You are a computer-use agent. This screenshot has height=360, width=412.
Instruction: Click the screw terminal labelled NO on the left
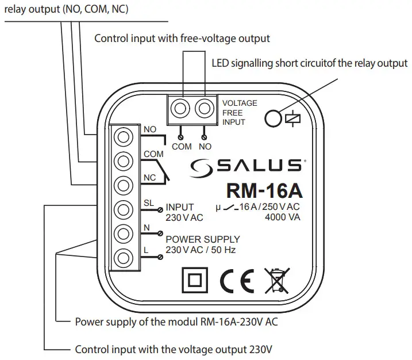(122, 137)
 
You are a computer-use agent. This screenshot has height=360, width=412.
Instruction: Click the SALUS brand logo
(247, 166)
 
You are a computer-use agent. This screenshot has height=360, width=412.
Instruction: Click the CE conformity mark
(236, 280)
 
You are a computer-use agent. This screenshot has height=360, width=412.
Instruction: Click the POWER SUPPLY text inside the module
(203, 239)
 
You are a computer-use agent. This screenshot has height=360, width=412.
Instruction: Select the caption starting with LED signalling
(310, 63)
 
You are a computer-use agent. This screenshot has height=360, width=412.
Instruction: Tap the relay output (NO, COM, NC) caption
(66, 9)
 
